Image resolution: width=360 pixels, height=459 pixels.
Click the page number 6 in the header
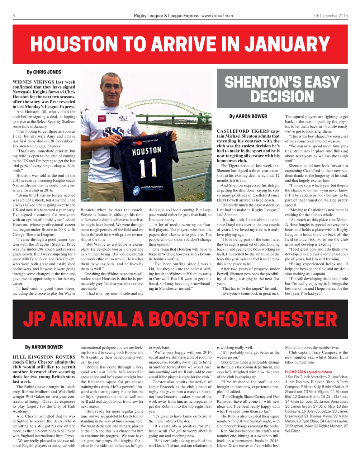point(14,15)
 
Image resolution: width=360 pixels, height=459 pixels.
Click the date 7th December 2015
point(330,15)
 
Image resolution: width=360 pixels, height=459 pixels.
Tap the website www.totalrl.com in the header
point(217,15)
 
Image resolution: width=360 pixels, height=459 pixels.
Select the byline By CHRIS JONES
point(44,72)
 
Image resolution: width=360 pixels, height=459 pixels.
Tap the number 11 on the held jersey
point(148,167)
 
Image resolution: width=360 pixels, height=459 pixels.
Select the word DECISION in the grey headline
point(282,96)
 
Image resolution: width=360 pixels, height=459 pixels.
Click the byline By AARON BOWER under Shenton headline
point(248,117)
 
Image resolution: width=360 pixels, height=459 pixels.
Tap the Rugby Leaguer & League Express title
point(166,15)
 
